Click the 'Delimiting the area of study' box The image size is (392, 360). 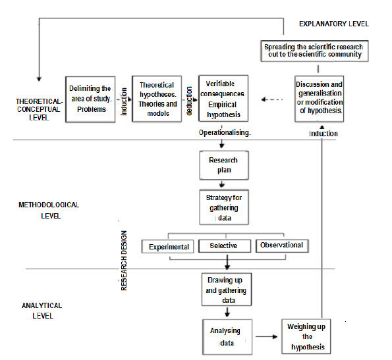point(90,99)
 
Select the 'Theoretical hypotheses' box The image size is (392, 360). point(157,99)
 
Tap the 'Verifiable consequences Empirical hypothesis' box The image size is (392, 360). point(223,98)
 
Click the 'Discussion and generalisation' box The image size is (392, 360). point(319,99)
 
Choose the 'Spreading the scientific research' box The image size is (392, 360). point(314,51)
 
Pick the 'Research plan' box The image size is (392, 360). point(224,165)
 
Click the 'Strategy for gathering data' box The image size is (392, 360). point(224,207)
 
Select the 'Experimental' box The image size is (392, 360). point(167,247)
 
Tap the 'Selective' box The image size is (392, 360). point(225,246)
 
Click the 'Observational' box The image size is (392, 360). point(282,246)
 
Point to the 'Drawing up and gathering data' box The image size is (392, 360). point(227,290)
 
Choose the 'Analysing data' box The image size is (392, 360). point(227,337)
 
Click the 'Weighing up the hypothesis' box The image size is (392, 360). point(306,336)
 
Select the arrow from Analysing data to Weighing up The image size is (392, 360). point(267,336)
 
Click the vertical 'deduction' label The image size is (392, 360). point(189,101)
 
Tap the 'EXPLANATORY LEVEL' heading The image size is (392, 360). point(334,24)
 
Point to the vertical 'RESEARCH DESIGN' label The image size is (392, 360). point(124,261)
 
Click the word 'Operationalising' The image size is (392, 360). point(225,132)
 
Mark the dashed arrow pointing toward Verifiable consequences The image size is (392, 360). point(272,99)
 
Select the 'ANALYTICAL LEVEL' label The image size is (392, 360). point(42,311)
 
